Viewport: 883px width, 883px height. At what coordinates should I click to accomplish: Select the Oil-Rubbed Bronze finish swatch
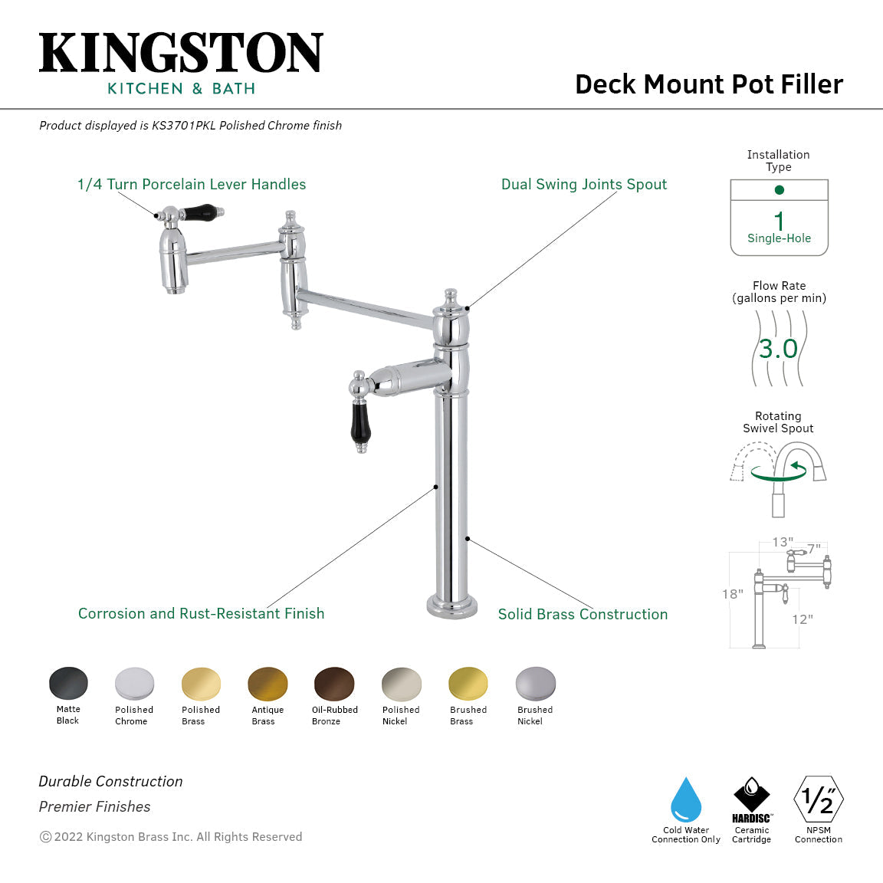pyautogui.click(x=334, y=684)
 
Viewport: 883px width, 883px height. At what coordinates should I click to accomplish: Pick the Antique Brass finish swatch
pyautogui.click(x=268, y=684)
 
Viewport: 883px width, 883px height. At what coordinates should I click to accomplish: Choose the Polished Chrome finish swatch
pyautogui.click(x=134, y=684)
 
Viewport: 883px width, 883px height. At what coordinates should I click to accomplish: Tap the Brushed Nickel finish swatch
pyautogui.click(x=535, y=684)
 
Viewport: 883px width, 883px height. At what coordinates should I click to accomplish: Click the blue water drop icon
pyautogui.click(x=685, y=800)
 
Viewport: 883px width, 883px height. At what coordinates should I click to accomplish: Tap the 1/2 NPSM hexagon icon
pyautogui.click(x=819, y=800)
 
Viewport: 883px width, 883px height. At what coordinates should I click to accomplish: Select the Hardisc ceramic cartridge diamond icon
pyautogui.click(x=751, y=794)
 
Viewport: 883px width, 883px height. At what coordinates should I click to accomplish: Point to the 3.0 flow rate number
pyautogui.click(x=778, y=349)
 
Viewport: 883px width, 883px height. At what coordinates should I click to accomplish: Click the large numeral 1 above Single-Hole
pyautogui.click(x=779, y=221)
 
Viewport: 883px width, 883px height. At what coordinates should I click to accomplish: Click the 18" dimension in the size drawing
pyautogui.click(x=732, y=594)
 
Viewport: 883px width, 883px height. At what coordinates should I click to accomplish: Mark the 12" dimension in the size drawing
pyautogui.click(x=802, y=619)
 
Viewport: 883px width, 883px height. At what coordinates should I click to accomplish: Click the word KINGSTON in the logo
pyautogui.click(x=181, y=54)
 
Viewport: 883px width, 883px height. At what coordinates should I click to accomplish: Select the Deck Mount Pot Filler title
pyautogui.click(x=708, y=84)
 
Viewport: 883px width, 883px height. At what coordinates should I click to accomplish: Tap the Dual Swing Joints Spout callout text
pyautogui.click(x=583, y=185)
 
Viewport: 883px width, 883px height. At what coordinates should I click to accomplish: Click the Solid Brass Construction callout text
pyautogui.click(x=583, y=614)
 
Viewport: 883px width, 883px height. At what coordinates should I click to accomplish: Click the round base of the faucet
pyautogui.click(x=452, y=605)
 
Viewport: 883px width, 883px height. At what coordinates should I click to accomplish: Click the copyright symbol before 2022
pyautogui.click(x=45, y=837)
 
